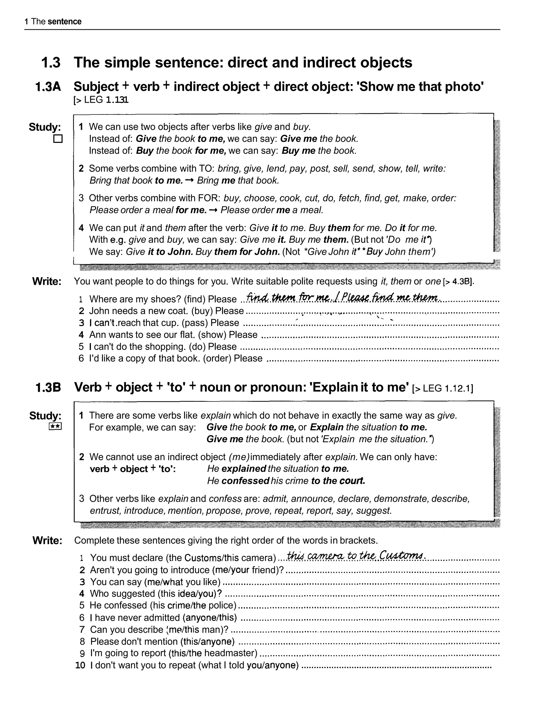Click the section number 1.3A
48,87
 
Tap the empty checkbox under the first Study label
58,139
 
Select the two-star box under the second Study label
55,426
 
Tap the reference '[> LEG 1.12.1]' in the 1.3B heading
442,388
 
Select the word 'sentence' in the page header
64,22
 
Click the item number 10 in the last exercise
80,665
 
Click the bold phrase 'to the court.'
338,481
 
